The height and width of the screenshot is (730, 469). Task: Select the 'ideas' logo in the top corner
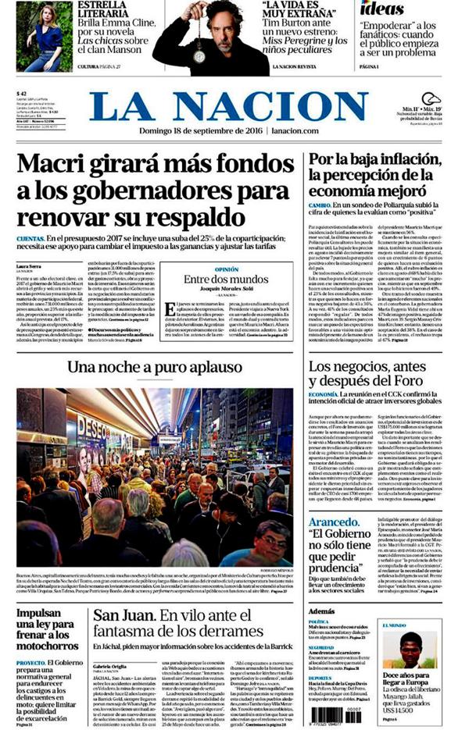pos(382,10)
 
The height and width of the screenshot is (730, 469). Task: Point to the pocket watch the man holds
pos(199,54)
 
